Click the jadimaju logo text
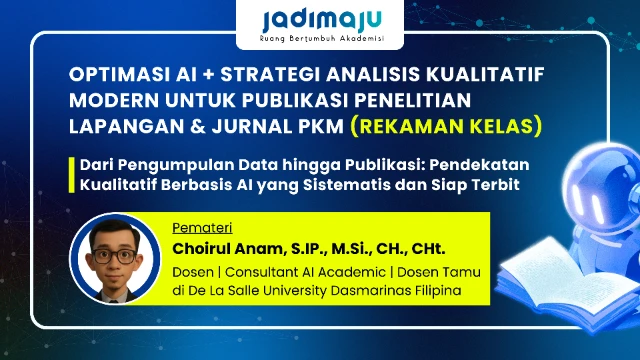point(321,21)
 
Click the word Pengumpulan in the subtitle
point(161,164)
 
